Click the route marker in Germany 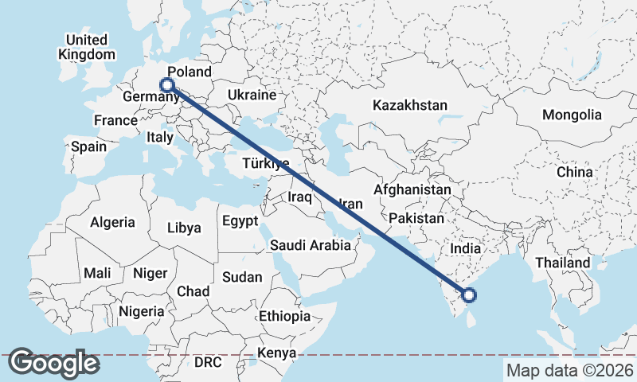tap(167, 85)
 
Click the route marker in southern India tap(469, 295)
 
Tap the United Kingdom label tap(87, 47)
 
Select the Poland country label tap(190, 72)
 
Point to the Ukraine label tap(251, 95)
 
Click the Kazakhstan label tap(410, 105)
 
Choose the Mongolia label tap(572, 115)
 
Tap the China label tap(575, 172)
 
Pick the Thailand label tap(563, 263)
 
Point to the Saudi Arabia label tap(311, 245)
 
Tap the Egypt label tap(240, 220)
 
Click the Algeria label tap(112, 223)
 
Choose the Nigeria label tap(141, 311)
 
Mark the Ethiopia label tap(284, 316)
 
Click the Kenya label tap(277, 353)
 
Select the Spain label tap(88, 146)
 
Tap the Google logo tap(53, 363)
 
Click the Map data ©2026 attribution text tap(569, 370)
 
